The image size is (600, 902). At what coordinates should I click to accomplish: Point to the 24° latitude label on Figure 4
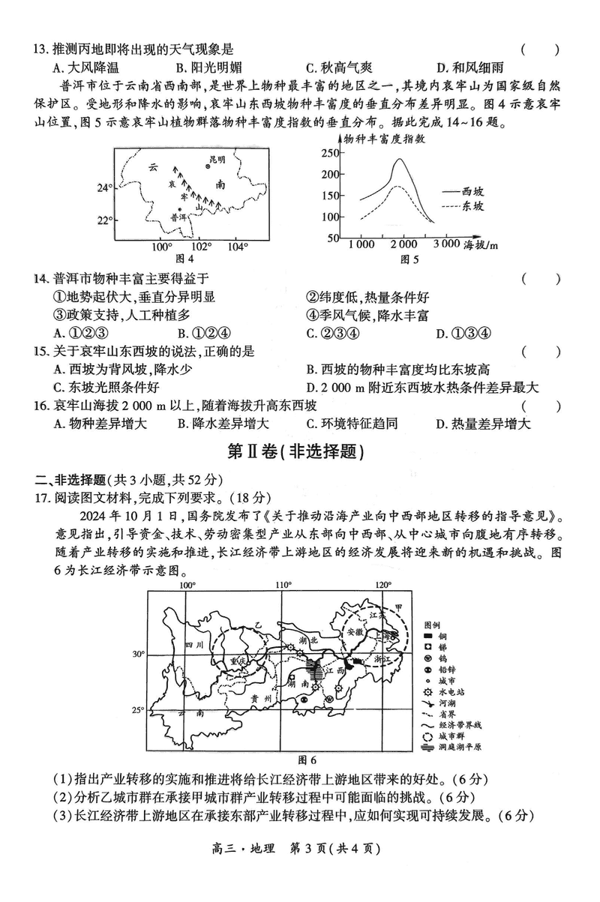coord(103,187)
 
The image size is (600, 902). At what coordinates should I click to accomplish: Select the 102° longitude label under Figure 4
coord(200,247)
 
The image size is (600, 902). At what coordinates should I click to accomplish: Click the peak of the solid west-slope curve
coord(400,159)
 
